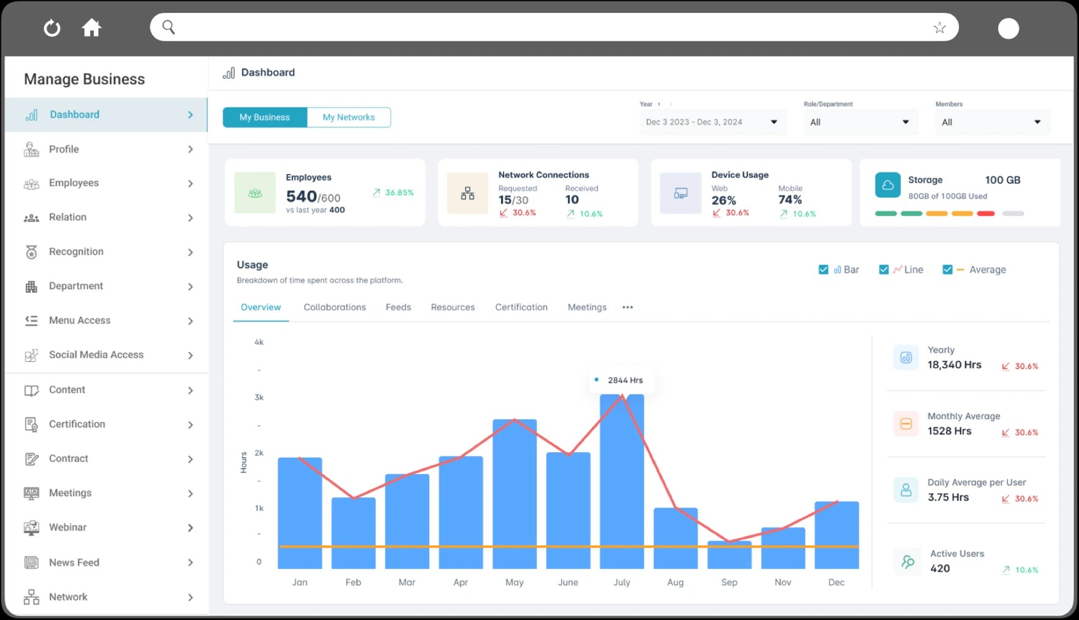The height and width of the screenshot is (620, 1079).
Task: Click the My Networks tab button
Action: [349, 117]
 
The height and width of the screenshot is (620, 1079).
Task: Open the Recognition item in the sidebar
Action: [76, 251]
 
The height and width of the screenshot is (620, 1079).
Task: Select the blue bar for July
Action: [622, 482]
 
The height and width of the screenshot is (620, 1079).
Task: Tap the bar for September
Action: [729, 555]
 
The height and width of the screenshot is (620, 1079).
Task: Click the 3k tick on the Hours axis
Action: [259, 397]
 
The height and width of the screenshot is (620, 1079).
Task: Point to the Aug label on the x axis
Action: [675, 582]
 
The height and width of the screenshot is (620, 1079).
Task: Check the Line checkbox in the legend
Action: [884, 270]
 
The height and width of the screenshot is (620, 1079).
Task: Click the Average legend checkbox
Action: [947, 270]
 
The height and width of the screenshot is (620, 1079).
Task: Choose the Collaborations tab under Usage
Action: [335, 307]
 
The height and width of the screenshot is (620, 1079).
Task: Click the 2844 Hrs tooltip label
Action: [625, 380]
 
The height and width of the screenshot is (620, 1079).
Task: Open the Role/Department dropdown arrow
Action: [906, 122]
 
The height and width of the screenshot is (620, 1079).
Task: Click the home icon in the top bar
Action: [91, 27]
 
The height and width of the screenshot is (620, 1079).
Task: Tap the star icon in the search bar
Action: [939, 27]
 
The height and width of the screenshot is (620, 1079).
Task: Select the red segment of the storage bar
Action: [986, 214]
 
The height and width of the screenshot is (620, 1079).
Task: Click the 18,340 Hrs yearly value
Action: [954, 365]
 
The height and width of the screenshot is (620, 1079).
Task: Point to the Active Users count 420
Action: [940, 568]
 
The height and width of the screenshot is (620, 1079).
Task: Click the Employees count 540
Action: [302, 196]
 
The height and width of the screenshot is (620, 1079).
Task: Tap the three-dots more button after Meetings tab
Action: [627, 307]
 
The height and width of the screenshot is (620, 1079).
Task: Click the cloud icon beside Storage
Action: [888, 185]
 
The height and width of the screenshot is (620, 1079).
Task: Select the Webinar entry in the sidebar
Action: [68, 527]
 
